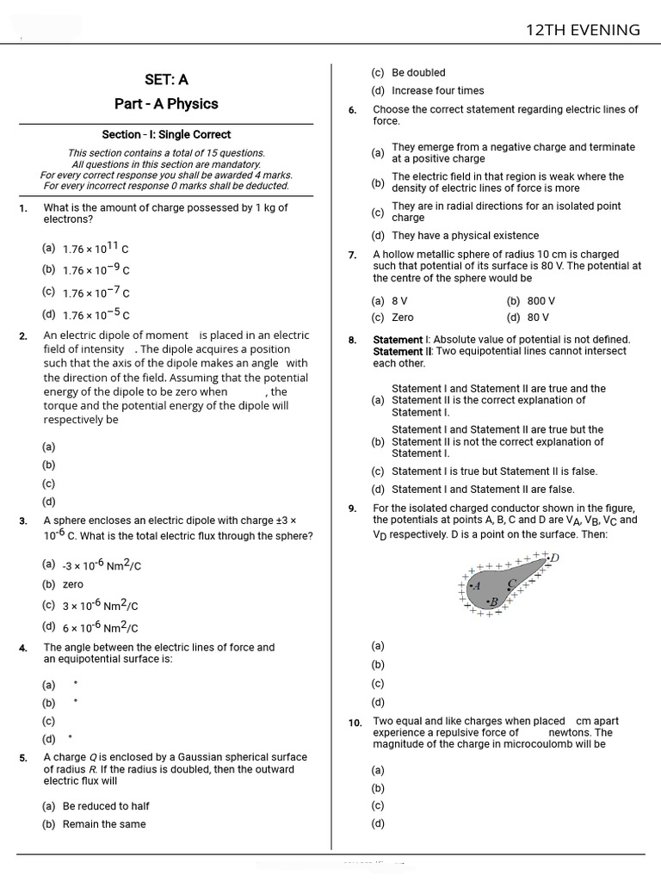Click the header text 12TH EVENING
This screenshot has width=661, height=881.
(583, 30)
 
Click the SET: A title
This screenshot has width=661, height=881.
(166, 79)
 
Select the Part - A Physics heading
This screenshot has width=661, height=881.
(166, 104)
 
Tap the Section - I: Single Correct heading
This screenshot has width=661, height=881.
(166, 134)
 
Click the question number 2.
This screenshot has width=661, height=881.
(23, 336)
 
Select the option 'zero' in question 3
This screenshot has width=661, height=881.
(73, 584)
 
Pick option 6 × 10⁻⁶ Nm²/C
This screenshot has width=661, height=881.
(100, 627)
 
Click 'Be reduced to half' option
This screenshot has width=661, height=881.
(105, 806)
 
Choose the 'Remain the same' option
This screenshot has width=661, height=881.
(103, 824)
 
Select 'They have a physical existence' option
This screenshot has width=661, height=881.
(465, 236)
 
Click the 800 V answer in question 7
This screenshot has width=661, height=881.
(541, 301)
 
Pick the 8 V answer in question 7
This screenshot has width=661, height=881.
(399, 301)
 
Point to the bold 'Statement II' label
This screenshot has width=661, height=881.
(402, 352)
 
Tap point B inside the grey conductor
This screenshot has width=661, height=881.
(494, 601)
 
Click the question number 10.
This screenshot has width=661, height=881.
(355, 723)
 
